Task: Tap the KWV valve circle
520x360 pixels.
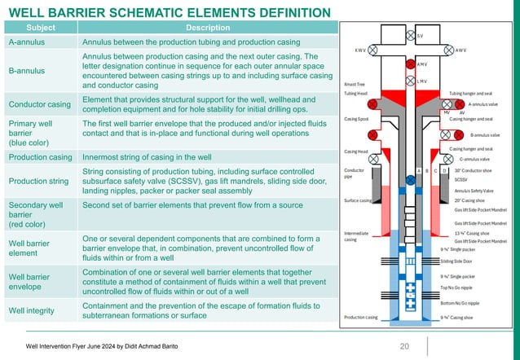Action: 372,50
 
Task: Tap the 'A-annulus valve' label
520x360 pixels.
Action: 483,104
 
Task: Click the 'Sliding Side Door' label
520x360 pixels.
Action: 457,261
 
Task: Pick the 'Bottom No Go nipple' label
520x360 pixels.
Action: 461,303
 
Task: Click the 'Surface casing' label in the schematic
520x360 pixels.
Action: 358,200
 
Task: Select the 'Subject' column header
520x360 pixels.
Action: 42,27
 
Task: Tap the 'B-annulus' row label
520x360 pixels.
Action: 28,71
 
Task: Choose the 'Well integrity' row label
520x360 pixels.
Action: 33,310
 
